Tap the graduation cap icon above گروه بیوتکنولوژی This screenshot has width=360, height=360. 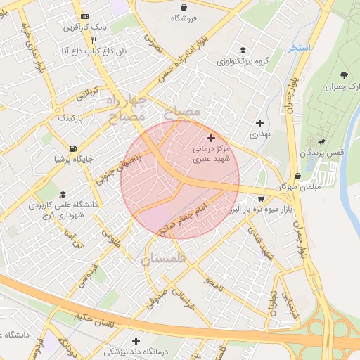(243, 50)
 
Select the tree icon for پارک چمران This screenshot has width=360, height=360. (344, 75)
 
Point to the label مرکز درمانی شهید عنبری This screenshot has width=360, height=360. (211, 155)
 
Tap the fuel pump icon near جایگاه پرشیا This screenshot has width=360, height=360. (74, 148)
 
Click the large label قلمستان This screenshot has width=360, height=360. (166, 259)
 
